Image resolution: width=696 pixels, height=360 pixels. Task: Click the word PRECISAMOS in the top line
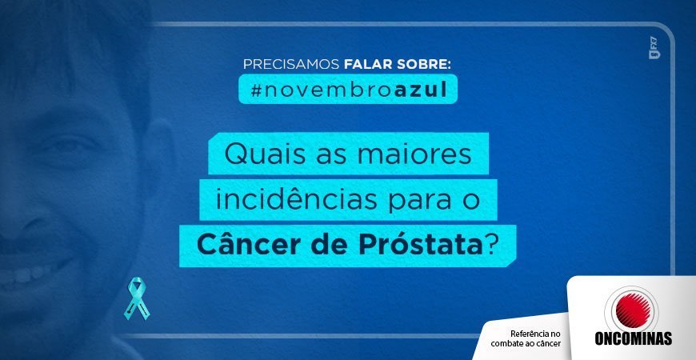(x=291, y=64)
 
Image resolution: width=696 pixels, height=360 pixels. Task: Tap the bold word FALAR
(x=366, y=64)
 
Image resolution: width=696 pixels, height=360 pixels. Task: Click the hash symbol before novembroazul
(x=256, y=90)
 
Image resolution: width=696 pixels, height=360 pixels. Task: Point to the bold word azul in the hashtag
(x=420, y=90)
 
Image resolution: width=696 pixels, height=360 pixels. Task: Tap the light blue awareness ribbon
(x=137, y=298)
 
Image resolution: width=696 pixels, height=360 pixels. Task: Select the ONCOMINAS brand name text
(x=633, y=338)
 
